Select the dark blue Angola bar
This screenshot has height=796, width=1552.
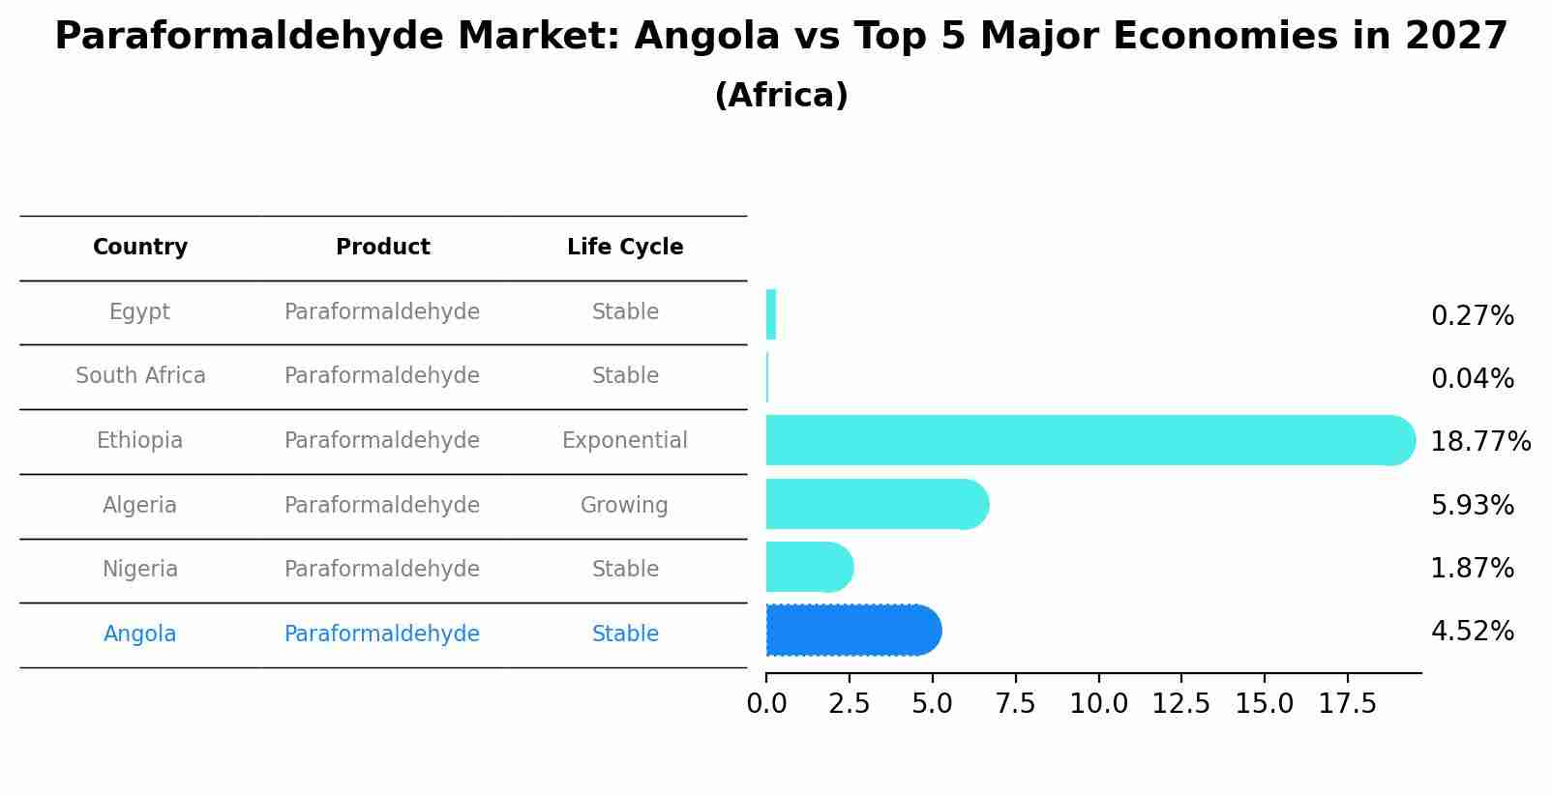tap(851, 631)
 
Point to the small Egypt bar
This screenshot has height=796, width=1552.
tap(771, 314)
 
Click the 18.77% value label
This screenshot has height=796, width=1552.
tap(1479, 442)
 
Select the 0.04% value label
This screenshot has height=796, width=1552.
tap(1472, 379)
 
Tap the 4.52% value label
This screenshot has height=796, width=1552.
tap(1472, 632)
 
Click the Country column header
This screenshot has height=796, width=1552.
tap(140, 248)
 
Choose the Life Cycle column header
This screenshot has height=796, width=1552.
tap(625, 248)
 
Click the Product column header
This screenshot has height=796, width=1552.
tap(382, 248)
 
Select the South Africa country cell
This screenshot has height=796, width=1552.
tap(140, 376)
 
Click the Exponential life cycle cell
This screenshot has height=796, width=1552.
tap(625, 441)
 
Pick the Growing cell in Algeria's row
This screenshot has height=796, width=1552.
tap(624, 506)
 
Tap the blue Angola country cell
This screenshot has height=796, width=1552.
tap(140, 634)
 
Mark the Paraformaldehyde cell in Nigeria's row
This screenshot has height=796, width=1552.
tap(382, 570)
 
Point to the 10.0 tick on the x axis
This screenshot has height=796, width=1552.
tap(1098, 704)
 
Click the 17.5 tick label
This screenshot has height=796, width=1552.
tap(1347, 704)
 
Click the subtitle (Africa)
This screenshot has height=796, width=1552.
tap(781, 96)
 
